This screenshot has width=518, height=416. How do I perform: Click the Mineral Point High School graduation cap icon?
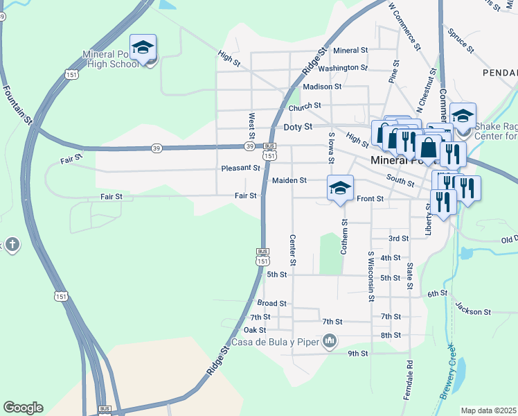coord(143,48)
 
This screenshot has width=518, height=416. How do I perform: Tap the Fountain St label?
coord(18,105)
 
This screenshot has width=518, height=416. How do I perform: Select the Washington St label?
coord(343,68)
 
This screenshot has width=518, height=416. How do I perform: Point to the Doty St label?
coord(298,128)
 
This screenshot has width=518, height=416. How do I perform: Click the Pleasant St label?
coord(240,168)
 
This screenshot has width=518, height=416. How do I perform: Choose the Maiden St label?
coord(289,180)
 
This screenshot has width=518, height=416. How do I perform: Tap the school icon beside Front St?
coord(340,188)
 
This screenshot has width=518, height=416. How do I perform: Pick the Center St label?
coord(293,250)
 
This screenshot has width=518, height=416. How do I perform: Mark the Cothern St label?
coord(344,236)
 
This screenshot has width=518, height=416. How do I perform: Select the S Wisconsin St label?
coord(371,277)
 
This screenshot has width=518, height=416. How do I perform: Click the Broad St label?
coord(271,304)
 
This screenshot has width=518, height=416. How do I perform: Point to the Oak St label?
coord(255,330)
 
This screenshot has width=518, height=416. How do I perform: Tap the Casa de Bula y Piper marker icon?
coord(330,340)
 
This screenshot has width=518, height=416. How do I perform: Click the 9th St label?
coord(357,354)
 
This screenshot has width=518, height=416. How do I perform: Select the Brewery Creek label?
coord(447,372)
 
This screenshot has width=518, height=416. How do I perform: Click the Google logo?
coord(23,408)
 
